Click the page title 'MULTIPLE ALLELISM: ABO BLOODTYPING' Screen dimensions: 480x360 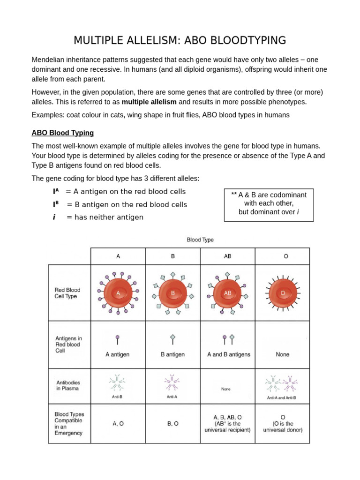[x=180, y=40]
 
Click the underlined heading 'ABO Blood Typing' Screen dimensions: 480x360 [x=62, y=133]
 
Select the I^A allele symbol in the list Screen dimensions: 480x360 [x=56, y=192]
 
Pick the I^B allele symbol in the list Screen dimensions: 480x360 [x=56, y=205]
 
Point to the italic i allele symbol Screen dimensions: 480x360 [x=54, y=217]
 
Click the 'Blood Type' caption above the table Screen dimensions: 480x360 [x=200, y=240]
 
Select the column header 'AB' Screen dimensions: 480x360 [x=227, y=256]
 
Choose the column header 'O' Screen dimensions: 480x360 [x=282, y=256]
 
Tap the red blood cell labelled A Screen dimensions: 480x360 [x=118, y=293]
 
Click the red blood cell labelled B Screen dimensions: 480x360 [x=172, y=293]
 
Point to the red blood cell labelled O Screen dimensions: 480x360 [x=282, y=293]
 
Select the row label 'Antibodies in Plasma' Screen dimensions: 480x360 [x=68, y=385]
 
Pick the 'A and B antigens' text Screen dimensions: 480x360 [x=228, y=354]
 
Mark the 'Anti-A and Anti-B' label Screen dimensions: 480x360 [x=281, y=397]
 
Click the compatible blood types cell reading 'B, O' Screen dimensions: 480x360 [x=172, y=423]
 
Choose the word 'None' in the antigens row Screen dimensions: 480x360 [x=282, y=354]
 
